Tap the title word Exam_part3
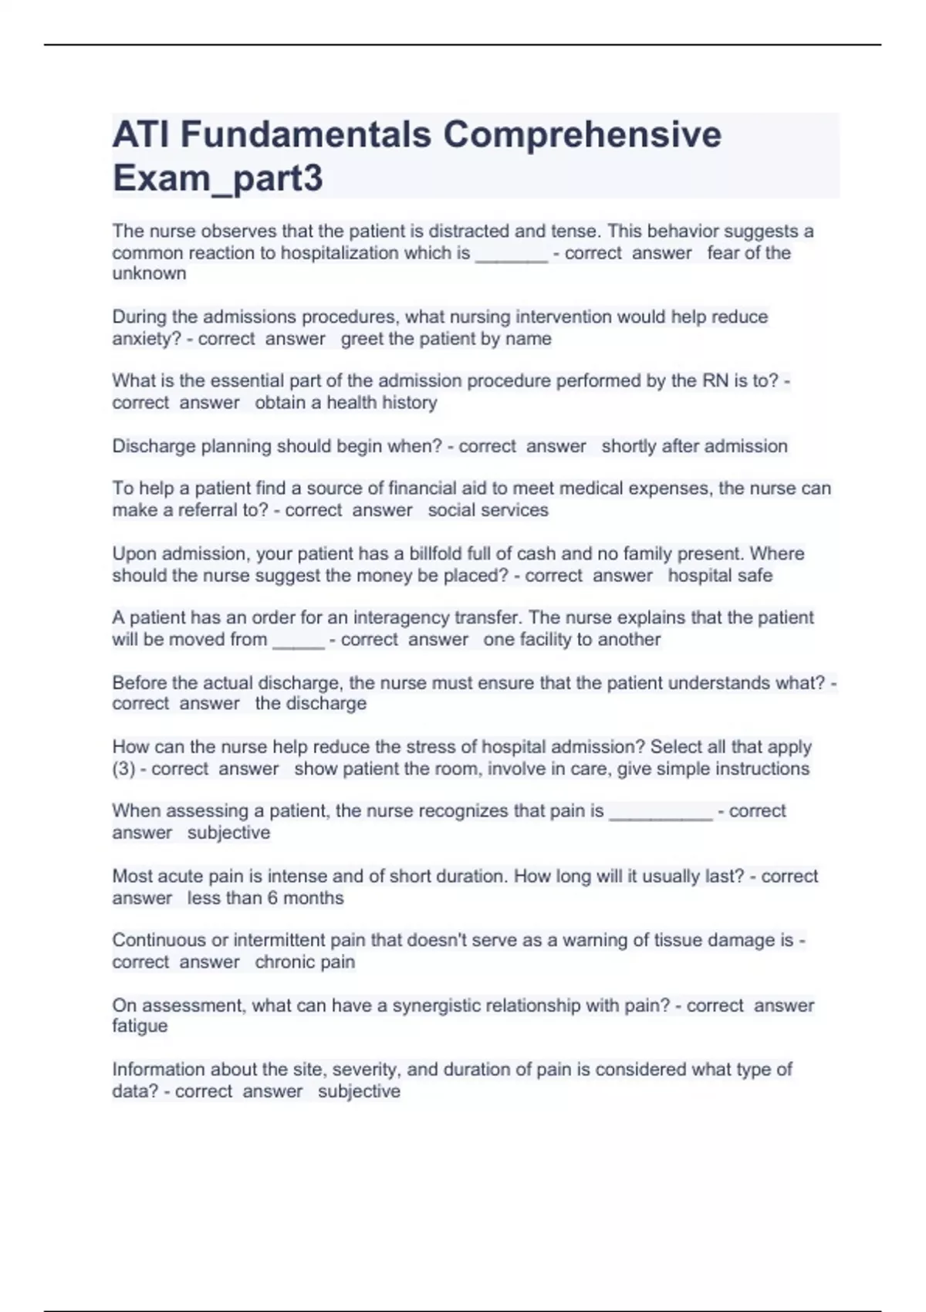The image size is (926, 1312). point(218,178)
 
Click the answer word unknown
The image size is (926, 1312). point(149,274)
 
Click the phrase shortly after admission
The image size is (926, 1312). point(694,446)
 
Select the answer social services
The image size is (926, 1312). point(488,510)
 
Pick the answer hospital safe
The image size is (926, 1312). point(720,576)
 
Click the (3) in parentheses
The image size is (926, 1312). point(123,769)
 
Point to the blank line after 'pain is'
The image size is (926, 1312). point(661,815)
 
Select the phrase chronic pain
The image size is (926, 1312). point(305,962)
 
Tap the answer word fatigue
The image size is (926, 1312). point(140,1026)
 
